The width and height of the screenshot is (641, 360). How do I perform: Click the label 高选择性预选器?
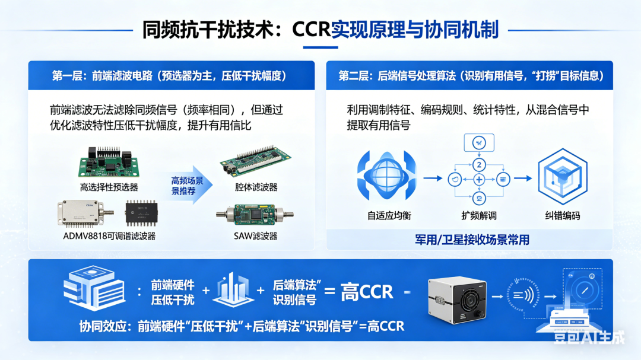(x=109, y=187)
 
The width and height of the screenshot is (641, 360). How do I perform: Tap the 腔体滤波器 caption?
(x=256, y=187)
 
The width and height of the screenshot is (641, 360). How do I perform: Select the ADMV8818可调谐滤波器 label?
(x=109, y=236)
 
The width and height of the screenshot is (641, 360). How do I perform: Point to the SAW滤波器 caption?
(x=255, y=236)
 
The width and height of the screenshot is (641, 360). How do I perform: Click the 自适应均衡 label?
(x=389, y=215)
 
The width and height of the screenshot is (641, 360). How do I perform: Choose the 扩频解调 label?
(x=479, y=215)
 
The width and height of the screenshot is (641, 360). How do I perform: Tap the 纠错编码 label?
(x=563, y=215)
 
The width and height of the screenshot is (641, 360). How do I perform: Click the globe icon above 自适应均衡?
(x=387, y=176)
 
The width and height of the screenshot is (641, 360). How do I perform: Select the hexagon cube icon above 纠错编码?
(x=563, y=176)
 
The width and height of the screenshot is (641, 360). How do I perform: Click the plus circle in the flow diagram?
(x=479, y=179)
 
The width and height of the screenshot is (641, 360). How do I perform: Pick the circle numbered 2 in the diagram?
(x=479, y=165)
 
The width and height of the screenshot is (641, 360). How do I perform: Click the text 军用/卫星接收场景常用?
(x=472, y=240)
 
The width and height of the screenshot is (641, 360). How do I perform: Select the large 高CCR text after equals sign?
(x=367, y=292)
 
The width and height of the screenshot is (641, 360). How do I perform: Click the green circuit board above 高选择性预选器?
(x=109, y=162)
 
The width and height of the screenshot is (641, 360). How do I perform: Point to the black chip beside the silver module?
(x=141, y=212)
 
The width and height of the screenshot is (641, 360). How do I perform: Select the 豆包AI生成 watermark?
(x=589, y=337)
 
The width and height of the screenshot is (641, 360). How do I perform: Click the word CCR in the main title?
(x=311, y=30)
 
